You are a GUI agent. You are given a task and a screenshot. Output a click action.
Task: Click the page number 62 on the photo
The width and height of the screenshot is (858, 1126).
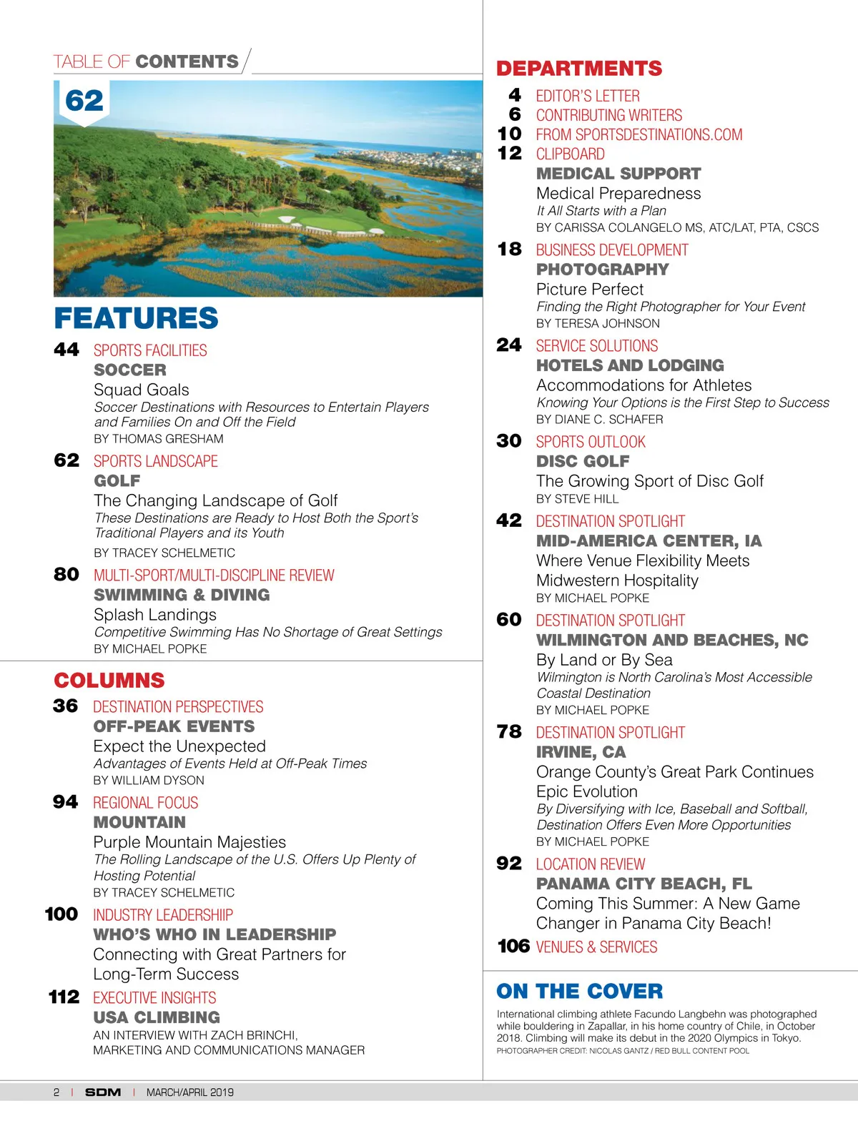click(x=84, y=101)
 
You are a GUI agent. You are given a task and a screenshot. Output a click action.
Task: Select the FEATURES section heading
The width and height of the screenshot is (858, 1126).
click(x=136, y=318)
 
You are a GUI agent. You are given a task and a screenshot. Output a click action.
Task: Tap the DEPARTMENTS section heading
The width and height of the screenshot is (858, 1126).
click(x=579, y=69)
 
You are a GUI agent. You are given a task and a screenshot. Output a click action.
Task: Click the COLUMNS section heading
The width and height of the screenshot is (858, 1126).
click(x=109, y=681)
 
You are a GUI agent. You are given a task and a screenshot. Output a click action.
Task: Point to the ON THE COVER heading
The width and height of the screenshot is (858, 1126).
click(x=579, y=992)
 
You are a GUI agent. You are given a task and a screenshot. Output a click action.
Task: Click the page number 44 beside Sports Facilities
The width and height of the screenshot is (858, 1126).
click(x=66, y=350)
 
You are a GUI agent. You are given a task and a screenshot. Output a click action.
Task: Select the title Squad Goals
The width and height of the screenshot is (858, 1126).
click(x=142, y=390)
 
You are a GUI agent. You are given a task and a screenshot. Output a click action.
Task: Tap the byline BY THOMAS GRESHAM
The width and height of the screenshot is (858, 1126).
click(x=159, y=439)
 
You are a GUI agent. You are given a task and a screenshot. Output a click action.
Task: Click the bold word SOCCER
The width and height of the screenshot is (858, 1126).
click(x=130, y=370)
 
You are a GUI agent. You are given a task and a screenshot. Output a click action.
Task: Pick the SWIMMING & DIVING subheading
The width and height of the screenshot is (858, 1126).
click(x=182, y=595)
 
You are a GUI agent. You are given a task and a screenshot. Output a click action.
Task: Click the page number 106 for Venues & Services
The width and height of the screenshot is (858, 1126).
click(x=513, y=947)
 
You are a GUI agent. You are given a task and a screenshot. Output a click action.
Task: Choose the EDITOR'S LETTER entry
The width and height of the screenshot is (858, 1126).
click(x=588, y=96)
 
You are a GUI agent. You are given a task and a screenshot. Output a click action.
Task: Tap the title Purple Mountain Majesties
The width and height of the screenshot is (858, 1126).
click(x=189, y=842)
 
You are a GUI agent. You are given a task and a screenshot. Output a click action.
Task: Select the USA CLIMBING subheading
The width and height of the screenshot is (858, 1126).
click(x=157, y=1017)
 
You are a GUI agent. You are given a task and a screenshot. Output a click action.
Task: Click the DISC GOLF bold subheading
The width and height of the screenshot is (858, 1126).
click(x=583, y=462)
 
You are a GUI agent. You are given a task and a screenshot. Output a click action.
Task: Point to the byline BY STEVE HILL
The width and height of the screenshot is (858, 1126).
click(x=577, y=499)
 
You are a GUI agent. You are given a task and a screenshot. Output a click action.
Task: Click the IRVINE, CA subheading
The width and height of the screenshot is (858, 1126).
click(x=581, y=752)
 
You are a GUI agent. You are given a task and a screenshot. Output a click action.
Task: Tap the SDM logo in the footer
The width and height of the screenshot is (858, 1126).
click(x=103, y=1092)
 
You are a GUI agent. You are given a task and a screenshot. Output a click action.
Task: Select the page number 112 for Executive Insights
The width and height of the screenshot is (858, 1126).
click(x=64, y=997)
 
